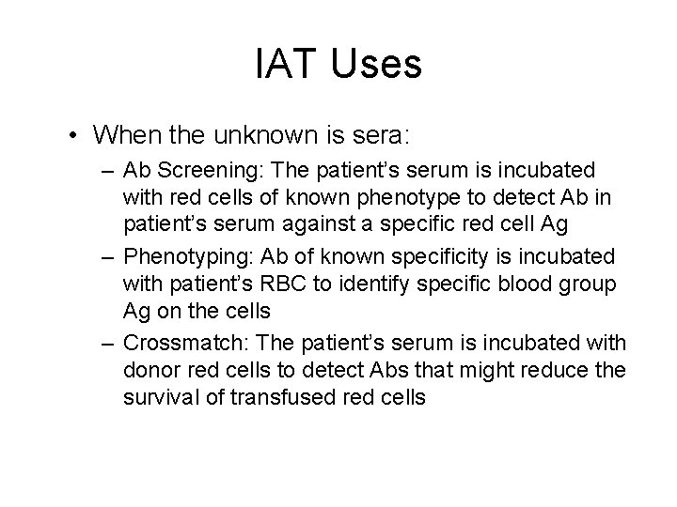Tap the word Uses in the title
pos(374,64)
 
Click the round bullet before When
pos(72,135)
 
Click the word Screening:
pos(201,171)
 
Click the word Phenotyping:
pos(182,257)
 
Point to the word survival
pos(156,396)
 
